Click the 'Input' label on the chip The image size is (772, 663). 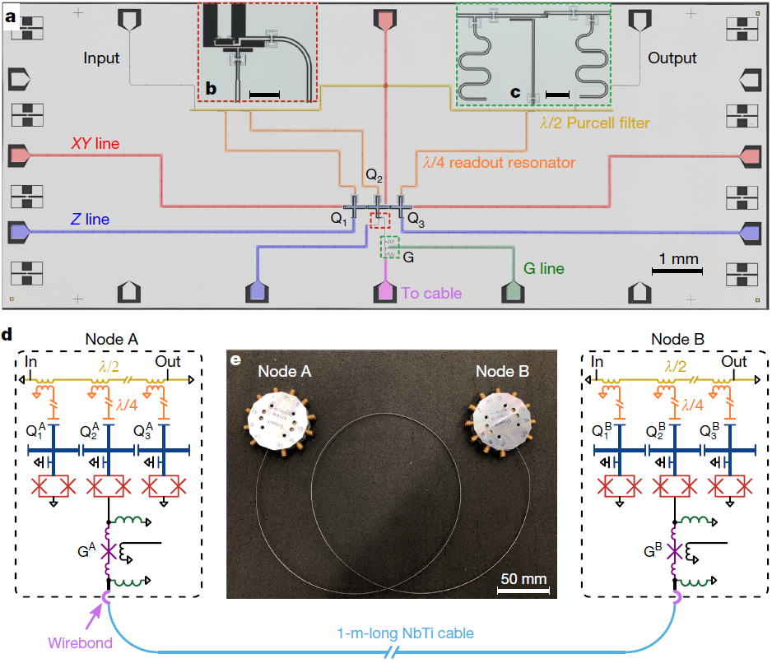coord(101,58)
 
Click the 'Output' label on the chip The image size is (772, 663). coord(672,58)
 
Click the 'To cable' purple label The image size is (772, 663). coord(431,293)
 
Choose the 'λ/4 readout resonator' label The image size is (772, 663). coord(498,163)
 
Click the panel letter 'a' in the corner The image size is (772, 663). coord(14,16)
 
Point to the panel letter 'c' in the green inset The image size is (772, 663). coord(516,93)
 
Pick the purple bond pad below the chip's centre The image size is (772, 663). coord(385,291)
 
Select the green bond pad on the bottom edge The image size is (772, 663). coord(513,290)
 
